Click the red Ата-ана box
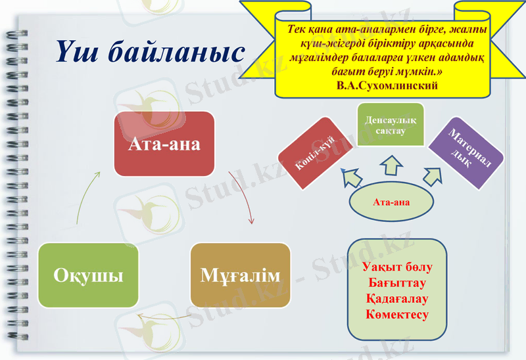164,144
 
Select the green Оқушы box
89,275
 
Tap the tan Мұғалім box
240,275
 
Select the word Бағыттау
396,284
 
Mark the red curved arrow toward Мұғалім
243,197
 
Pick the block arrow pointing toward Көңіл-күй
352,175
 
